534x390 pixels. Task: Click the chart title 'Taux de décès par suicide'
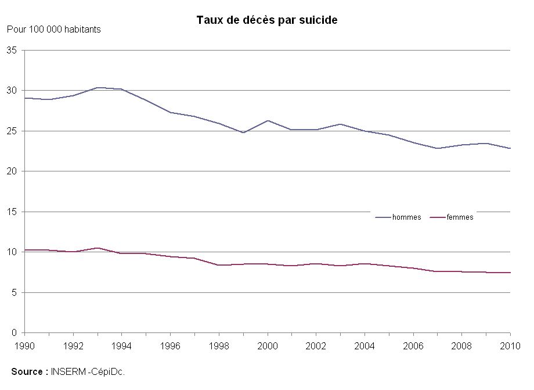(x=267, y=20)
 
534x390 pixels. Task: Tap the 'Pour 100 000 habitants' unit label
(x=54, y=30)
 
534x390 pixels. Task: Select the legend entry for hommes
(x=398, y=217)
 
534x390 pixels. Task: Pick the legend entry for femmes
(x=452, y=217)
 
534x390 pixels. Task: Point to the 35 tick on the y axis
(x=12, y=51)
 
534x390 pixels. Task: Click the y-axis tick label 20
(x=12, y=171)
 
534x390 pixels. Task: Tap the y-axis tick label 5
(x=14, y=292)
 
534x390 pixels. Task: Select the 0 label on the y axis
(x=14, y=332)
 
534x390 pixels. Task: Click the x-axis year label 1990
(x=24, y=346)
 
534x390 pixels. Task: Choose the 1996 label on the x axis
(x=170, y=346)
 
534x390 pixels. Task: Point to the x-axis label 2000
(x=268, y=346)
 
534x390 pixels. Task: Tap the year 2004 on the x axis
(x=365, y=346)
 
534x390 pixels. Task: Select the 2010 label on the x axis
(x=510, y=346)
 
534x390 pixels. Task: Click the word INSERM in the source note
(x=68, y=371)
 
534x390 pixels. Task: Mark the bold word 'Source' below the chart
(x=27, y=371)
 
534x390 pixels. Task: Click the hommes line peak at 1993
(x=98, y=88)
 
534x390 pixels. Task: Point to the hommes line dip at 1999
(x=244, y=133)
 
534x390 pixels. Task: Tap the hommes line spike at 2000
(x=268, y=120)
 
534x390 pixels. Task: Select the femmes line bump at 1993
(x=98, y=248)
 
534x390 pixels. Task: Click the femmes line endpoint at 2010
(x=510, y=273)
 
